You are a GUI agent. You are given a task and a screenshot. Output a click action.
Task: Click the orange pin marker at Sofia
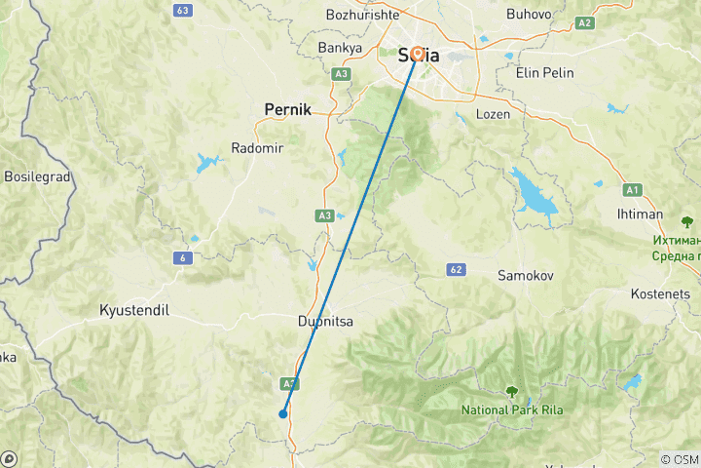point(418,55)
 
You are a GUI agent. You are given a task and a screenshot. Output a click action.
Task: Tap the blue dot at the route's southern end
point(282,413)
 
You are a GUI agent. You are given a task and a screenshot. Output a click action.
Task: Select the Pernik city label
point(287,110)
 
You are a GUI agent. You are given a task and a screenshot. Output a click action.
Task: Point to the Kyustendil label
point(134,310)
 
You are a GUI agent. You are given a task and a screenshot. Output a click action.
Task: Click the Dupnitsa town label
point(325,320)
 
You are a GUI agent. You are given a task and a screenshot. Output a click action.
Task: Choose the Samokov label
point(526,276)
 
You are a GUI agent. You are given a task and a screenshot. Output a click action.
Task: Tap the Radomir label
point(255,148)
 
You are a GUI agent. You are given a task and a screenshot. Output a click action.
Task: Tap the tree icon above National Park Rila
point(512,392)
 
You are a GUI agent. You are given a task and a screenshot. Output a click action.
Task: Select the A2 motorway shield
point(584,21)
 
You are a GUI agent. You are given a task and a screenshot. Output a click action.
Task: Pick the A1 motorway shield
point(633,190)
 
